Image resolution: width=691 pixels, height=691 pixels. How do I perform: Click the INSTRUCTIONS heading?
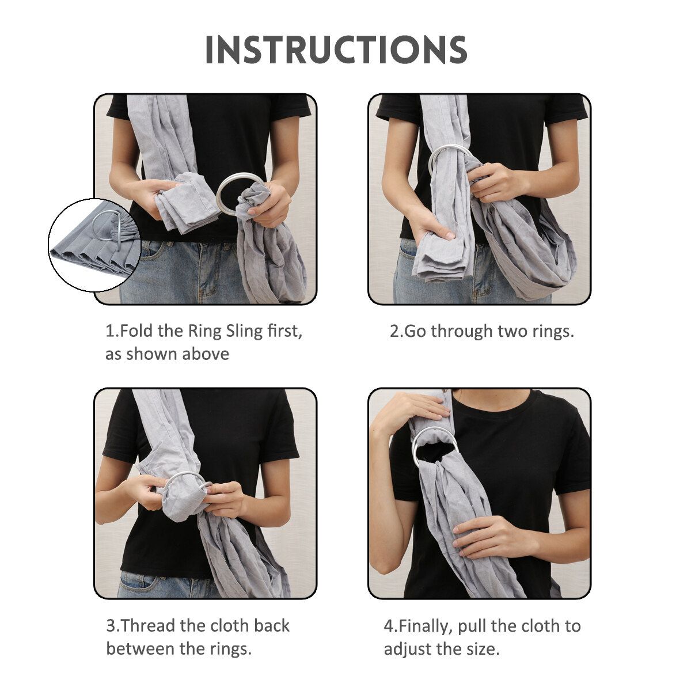click(x=336, y=50)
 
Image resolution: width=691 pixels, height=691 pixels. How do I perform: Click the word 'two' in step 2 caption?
click(x=513, y=331)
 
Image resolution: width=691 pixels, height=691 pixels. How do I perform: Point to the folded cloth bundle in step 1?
click(x=187, y=203)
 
